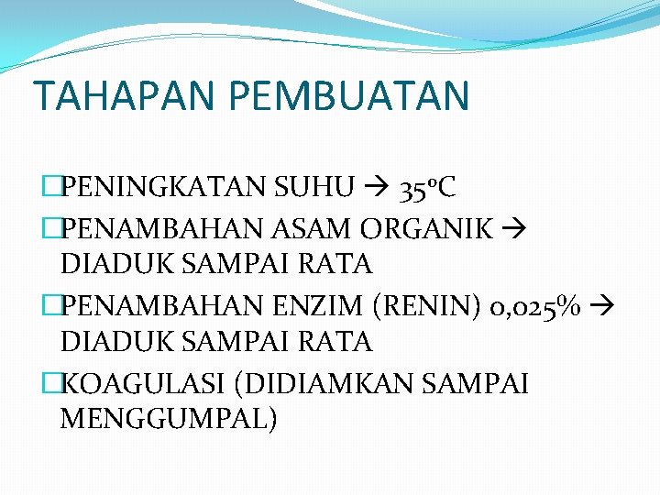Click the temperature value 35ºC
click(x=427, y=189)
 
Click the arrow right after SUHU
click(x=376, y=189)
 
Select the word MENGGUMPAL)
click(x=168, y=419)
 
